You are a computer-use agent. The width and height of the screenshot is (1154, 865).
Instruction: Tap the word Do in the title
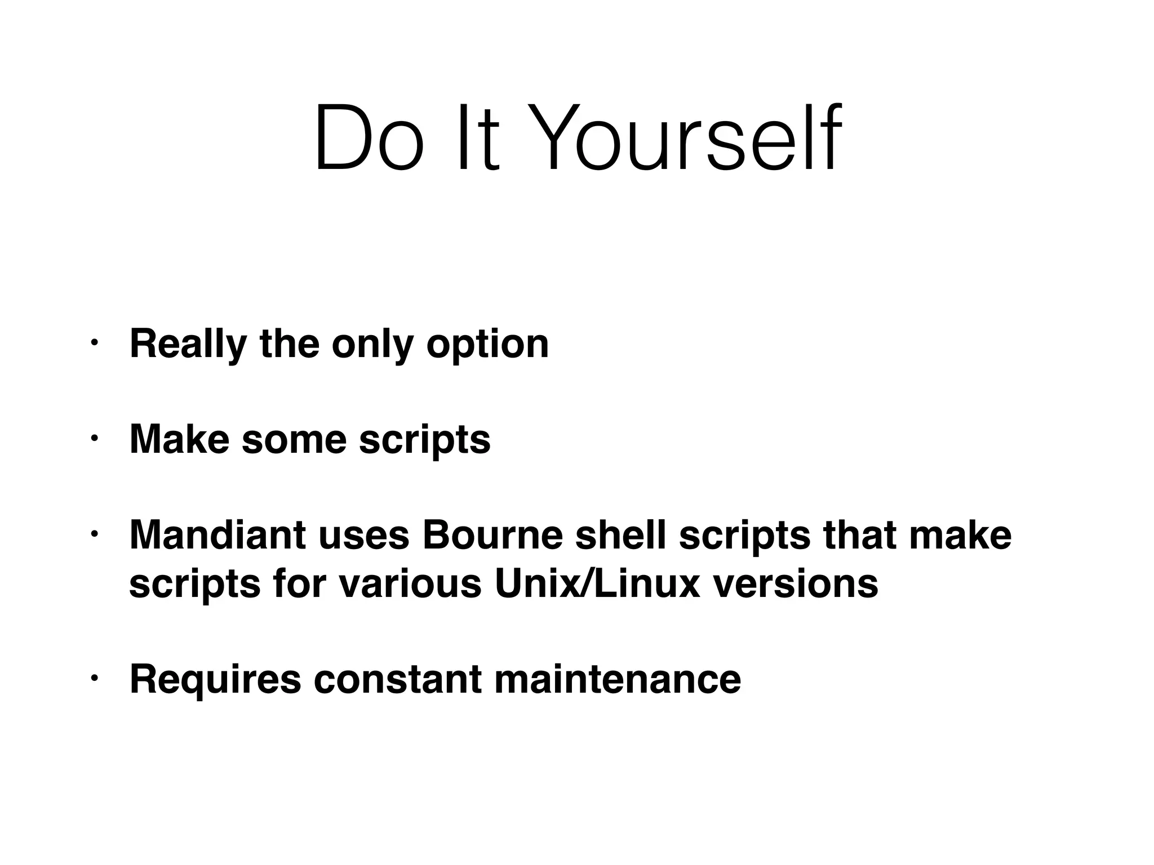point(369,137)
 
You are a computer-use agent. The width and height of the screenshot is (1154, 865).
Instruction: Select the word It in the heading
point(477,137)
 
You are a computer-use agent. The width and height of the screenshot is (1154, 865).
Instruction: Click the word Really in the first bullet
point(188,344)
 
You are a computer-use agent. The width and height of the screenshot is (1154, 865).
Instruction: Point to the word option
point(487,344)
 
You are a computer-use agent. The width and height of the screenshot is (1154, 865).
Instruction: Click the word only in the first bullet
point(372,344)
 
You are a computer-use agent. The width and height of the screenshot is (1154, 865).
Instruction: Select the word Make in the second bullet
point(179,439)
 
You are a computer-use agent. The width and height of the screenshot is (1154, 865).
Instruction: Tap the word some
point(294,439)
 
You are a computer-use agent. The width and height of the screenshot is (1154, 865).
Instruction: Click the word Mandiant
point(218,535)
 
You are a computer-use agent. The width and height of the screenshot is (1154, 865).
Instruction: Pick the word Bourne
point(492,535)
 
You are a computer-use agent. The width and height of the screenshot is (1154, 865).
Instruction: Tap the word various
point(410,583)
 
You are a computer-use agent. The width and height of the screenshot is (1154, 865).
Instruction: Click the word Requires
point(215,679)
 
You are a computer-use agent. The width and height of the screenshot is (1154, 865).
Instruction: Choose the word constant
point(397,679)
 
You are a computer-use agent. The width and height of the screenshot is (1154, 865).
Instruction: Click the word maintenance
point(618,679)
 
